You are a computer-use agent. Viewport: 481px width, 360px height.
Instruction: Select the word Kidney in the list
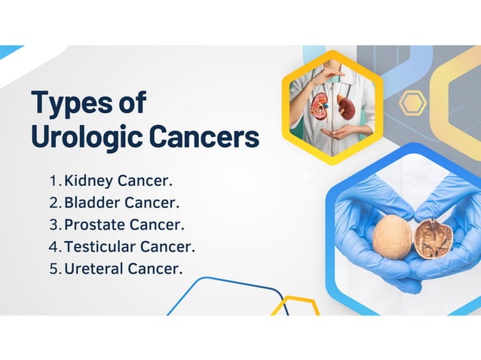pyautogui.click(x=88, y=182)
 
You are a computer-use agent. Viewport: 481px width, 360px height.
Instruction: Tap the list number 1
pyautogui.click(x=53, y=182)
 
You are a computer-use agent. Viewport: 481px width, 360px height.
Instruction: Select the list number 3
pyautogui.click(x=54, y=224)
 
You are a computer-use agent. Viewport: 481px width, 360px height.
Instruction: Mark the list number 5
pyautogui.click(x=54, y=268)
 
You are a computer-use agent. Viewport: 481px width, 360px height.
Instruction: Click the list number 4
pyautogui.click(x=54, y=246)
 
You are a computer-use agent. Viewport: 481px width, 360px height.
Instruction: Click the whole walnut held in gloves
pyautogui.click(x=393, y=235)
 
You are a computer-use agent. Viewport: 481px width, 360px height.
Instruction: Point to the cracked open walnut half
pyautogui.click(x=433, y=239)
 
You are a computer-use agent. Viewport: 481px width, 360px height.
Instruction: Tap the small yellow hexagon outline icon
pyautogui.click(x=412, y=102)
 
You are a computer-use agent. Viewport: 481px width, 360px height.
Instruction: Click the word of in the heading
pyautogui.click(x=130, y=103)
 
